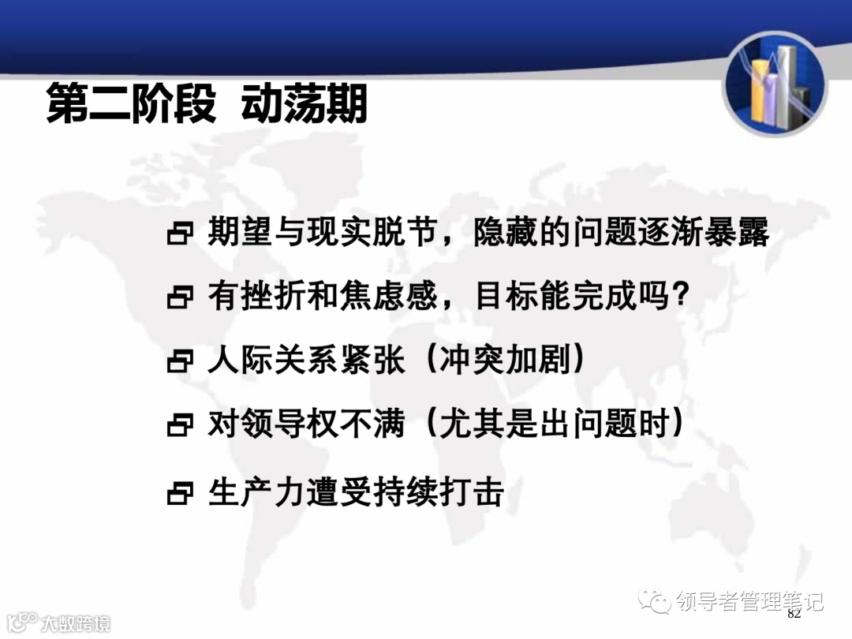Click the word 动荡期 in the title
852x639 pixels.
pyautogui.click(x=305, y=105)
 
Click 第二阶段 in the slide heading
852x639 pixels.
pyautogui.click(x=130, y=105)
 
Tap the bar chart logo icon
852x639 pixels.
pyautogui.click(x=774, y=85)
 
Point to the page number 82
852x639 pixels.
pyautogui.click(x=794, y=614)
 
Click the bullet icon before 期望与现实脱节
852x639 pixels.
pyautogui.click(x=180, y=234)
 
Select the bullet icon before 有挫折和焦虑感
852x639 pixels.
pyautogui.click(x=180, y=298)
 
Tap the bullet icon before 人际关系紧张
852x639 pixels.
pyautogui.click(x=180, y=363)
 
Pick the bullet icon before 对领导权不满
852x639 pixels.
pyautogui.click(x=180, y=427)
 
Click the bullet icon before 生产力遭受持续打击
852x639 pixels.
pyautogui.click(x=180, y=494)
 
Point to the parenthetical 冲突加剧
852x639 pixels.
pyautogui.click(x=504, y=361)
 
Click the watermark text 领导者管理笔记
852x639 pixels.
pyautogui.click(x=749, y=602)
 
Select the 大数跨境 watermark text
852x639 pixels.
pyautogui.click(x=76, y=622)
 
